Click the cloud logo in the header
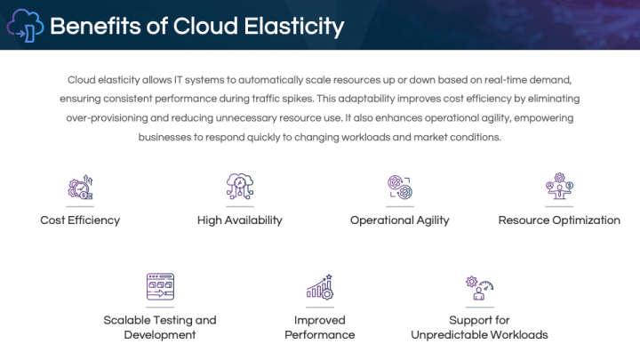pyautogui.click(x=25, y=26)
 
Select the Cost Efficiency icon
pyautogui.click(x=80, y=187)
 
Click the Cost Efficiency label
pyautogui.click(x=80, y=220)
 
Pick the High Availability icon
pyautogui.click(x=240, y=187)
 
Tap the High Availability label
pyautogui.click(x=240, y=220)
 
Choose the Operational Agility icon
pyautogui.click(x=400, y=187)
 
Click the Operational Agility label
pyautogui.click(x=400, y=220)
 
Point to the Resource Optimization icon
pyautogui.click(x=559, y=187)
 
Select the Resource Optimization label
pyautogui.click(x=559, y=220)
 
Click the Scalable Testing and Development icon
pyautogui.click(x=160, y=286)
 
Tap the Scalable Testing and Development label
pyautogui.click(x=160, y=327)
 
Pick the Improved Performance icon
pyautogui.click(x=320, y=286)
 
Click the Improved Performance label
pyautogui.click(x=320, y=327)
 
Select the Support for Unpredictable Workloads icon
pyautogui.click(x=479, y=286)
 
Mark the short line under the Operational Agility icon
pyautogui.click(x=400, y=206)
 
